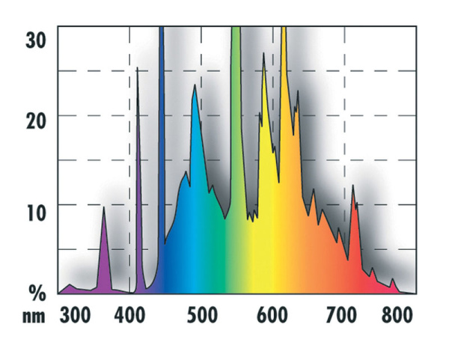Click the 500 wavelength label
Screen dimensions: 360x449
point(201,315)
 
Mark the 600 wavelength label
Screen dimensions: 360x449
point(273,315)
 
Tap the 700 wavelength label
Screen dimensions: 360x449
point(344,315)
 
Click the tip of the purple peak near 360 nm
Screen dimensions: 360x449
point(103,209)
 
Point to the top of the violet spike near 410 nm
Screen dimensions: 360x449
point(138,68)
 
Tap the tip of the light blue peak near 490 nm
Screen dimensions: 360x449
point(195,85)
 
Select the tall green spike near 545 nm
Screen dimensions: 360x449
point(236,112)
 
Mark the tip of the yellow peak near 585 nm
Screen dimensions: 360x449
point(263,53)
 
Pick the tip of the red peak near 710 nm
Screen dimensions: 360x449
point(353,186)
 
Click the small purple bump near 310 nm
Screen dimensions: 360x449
point(70,285)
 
